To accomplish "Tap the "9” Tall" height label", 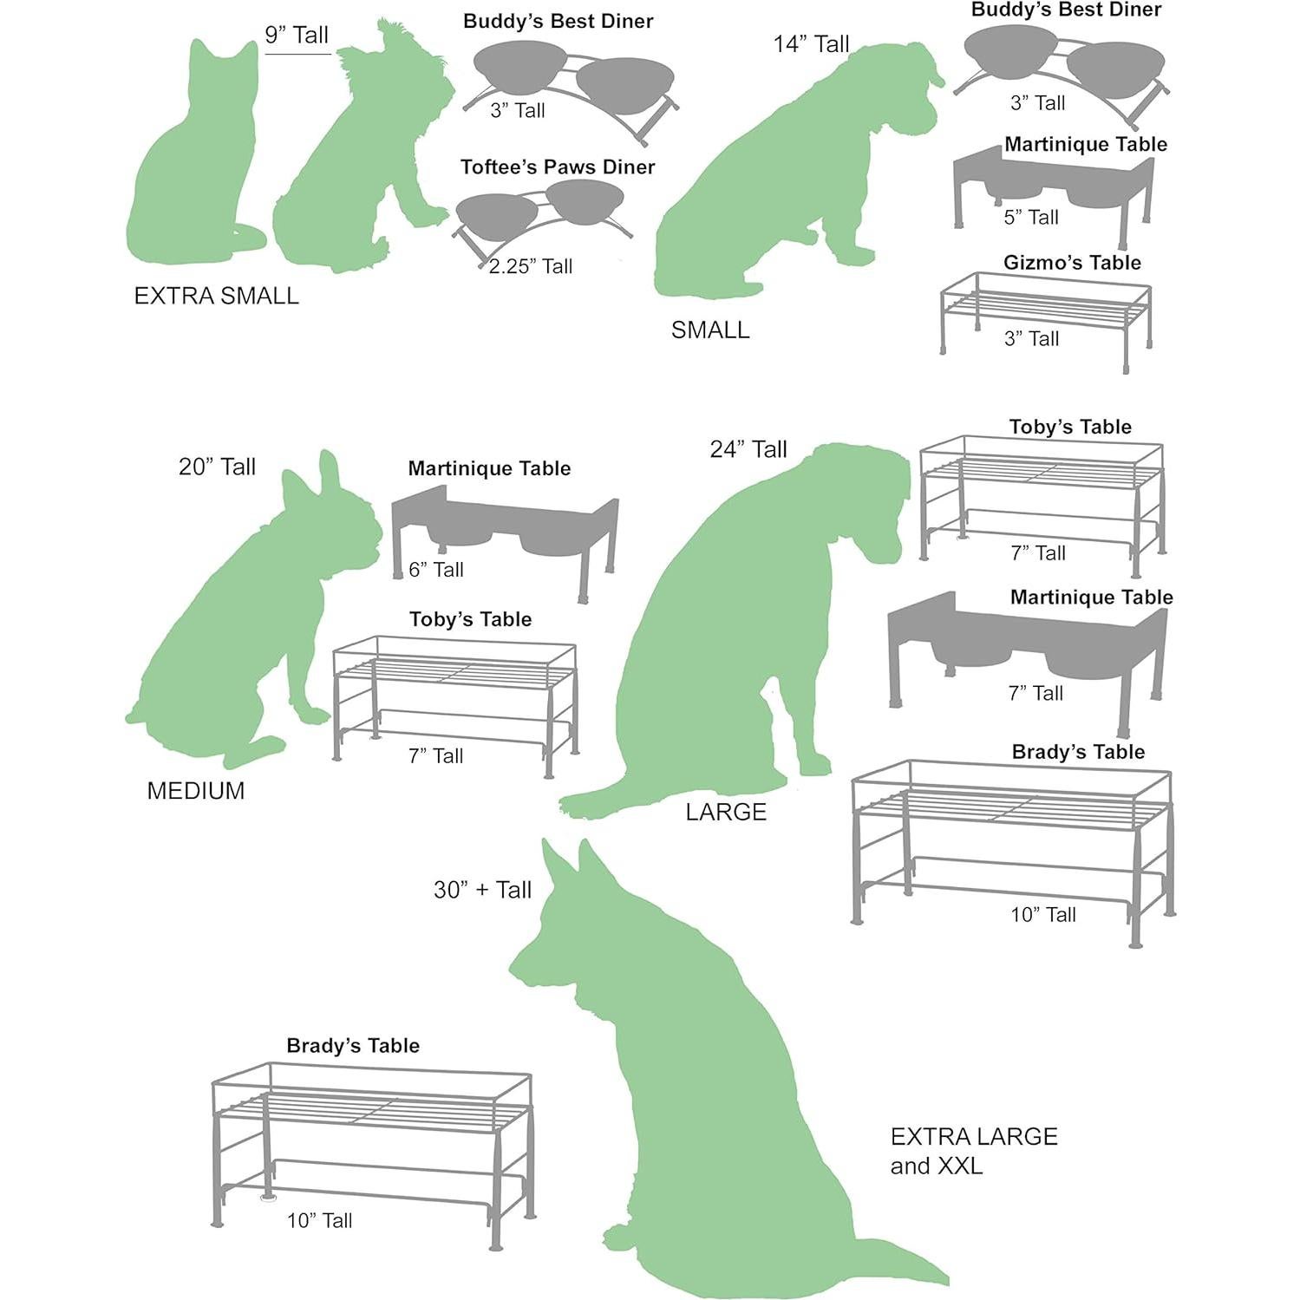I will pos(297,36).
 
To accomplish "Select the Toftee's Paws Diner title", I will pos(557,167).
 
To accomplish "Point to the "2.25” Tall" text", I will pos(530,266).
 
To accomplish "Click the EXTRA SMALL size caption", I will pos(216,296).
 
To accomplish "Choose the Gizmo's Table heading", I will pos(1072,263).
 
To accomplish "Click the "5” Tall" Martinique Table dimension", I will pos(1031,218).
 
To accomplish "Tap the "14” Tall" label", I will pos(811,44).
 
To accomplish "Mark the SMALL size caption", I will pos(710,330).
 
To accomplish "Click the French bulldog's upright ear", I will pos(329,472).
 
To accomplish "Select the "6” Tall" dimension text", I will pos(436,570).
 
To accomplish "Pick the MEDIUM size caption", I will pos(196,791).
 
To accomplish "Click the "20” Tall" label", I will pos(217,467).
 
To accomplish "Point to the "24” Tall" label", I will pos(748,449).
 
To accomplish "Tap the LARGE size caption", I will pos(726,813).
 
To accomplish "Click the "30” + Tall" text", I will pos(482,890).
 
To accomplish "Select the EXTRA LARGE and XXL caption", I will pos(973,1151).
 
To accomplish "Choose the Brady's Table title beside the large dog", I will pos(1078,752).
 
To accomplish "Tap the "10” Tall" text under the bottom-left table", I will pos(319,1221).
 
